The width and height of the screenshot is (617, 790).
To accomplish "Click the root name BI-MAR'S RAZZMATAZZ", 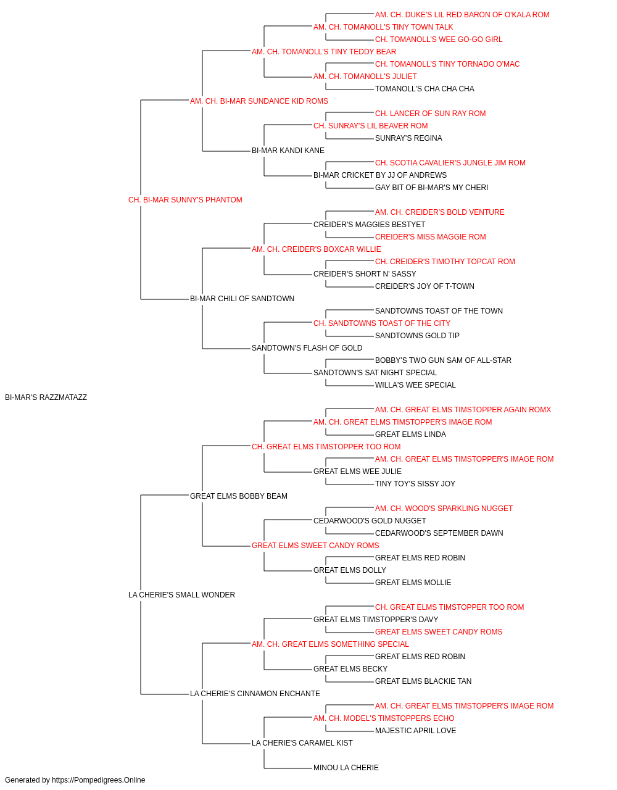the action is pos(46,397).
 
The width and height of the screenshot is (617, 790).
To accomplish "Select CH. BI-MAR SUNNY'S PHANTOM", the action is pos(185,200).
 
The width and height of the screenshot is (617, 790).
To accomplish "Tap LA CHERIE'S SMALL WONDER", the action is pos(181,595).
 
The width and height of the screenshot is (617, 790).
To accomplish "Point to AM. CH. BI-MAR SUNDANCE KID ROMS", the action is pos(259,101).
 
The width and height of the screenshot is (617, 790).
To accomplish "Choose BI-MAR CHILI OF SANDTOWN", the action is pos(242,299).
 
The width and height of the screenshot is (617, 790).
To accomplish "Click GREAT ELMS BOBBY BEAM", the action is pos(238,496).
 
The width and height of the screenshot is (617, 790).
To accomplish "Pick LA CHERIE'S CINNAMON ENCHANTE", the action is pos(255,693).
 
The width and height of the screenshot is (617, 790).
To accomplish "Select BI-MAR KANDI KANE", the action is pos(288,151).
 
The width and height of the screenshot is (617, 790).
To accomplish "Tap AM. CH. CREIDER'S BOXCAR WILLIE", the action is pos(316,249).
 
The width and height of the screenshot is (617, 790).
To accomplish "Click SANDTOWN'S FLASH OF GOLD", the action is pos(307,348).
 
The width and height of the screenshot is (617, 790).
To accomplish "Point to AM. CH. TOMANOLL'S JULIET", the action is pos(365,77).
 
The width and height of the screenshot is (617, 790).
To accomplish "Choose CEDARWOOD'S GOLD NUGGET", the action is pos(370,521).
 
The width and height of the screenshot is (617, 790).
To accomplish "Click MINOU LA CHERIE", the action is pos(346,767).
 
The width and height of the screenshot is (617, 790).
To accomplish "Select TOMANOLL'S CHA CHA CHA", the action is pos(424,89).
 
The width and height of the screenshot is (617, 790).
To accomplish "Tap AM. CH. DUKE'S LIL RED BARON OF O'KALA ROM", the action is pos(462,15).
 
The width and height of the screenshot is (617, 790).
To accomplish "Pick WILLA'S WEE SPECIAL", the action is pos(415,385).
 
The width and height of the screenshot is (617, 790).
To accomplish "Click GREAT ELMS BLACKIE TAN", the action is pos(423,681).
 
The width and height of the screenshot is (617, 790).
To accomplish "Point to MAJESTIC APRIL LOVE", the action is pos(415,730).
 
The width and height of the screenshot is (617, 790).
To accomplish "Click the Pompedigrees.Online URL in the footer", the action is pos(98,780).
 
